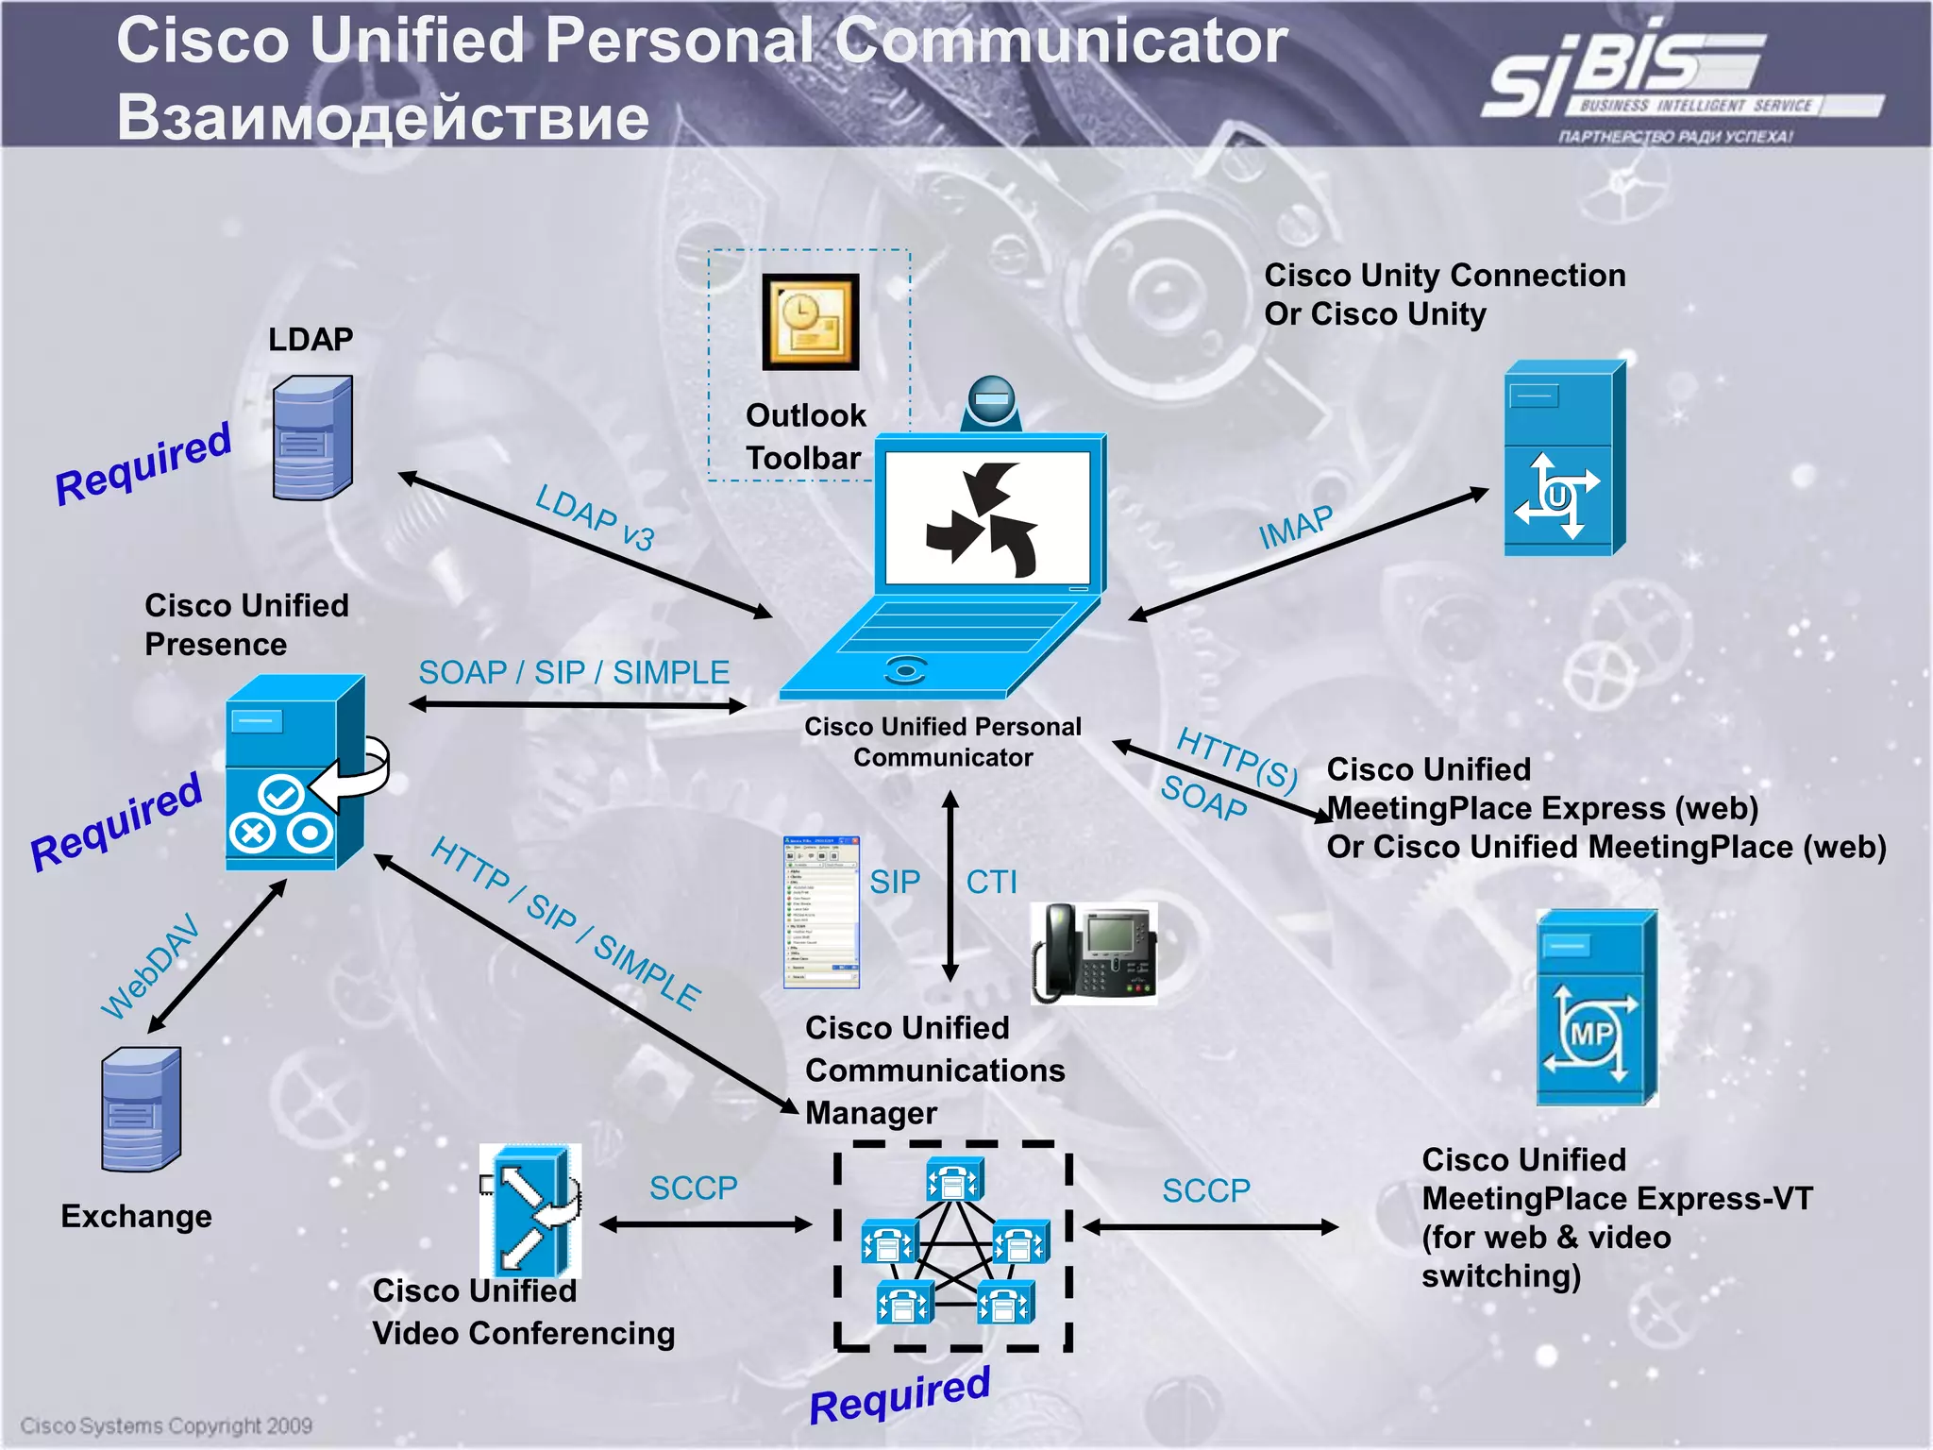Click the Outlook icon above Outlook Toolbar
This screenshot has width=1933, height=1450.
pos(811,322)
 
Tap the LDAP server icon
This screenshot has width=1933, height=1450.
pos(312,438)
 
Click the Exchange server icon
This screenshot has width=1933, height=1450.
pos(141,1109)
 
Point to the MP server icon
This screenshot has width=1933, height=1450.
pos(1596,1007)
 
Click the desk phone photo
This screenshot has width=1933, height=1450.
pos(1095,952)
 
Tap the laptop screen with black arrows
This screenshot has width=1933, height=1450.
pos(987,517)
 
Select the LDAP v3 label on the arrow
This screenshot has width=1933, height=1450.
pos(595,517)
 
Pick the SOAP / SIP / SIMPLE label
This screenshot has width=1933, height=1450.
pos(574,672)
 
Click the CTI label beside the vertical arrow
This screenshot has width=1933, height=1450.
pos(991,882)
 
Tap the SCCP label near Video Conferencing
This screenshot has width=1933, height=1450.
pos(693,1188)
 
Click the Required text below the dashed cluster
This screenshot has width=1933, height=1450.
pos(899,1395)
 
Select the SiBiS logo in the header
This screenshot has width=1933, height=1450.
pos(1661,80)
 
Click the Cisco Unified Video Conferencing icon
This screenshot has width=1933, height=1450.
pos(529,1210)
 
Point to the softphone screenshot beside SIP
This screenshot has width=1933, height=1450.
pos(821,912)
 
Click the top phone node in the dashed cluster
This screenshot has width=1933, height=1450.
pos(954,1180)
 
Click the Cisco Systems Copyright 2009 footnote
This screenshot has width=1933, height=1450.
pos(166,1425)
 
